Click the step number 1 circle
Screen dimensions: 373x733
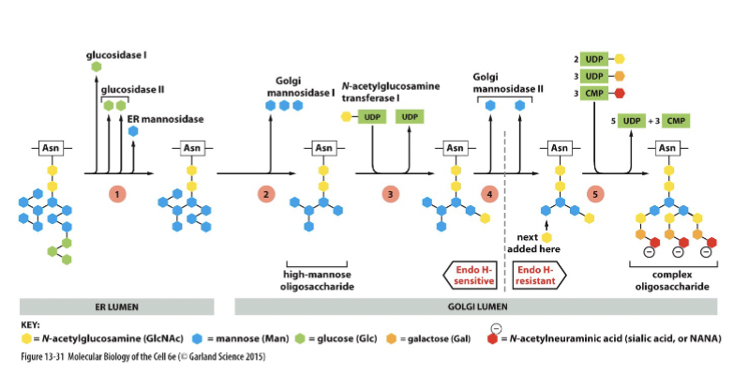point(117,194)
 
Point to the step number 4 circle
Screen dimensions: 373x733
point(489,194)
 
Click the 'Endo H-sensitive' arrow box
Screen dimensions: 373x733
point(471,274)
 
